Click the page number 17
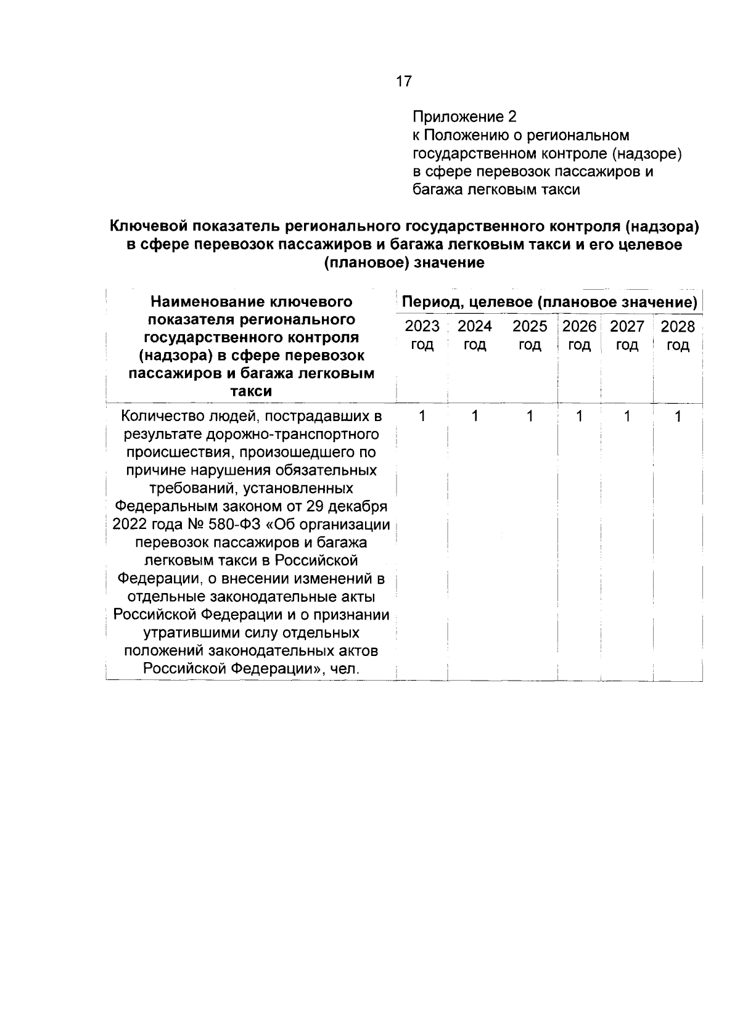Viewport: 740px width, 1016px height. [x=403, y=81]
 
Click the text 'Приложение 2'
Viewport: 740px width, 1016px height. [x=464, y=117]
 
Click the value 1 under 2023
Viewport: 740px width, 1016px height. [x=422, y=417]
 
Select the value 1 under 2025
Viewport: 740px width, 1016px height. [x=530, y=417]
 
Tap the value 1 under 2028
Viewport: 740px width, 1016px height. [x=678, y=417]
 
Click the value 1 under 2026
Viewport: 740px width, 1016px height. [x=579, y=417]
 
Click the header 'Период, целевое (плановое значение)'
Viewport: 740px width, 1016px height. [x=549, y=303]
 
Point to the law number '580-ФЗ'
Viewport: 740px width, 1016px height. [x=234, y=525]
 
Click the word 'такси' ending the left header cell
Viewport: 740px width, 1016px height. [x=251, y=391]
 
